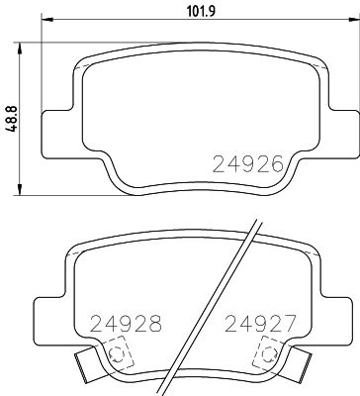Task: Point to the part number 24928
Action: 127,324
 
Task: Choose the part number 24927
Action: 258,324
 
